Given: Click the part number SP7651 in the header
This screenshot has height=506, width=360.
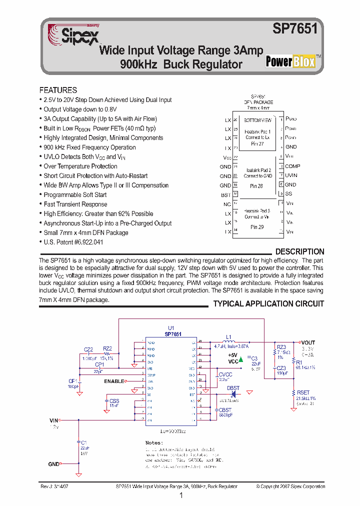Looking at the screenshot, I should tap(295, 29).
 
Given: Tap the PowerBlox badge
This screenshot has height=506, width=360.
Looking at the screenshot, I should tap(290, 61).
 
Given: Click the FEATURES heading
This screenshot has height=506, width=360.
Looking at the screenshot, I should tap(58, 90).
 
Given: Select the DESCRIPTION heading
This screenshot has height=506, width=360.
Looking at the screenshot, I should tap(299, 251).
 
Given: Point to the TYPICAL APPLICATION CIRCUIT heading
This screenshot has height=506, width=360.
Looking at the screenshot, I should tap(268, 303).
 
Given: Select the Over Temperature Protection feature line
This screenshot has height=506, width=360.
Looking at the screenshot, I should tap(80, 166).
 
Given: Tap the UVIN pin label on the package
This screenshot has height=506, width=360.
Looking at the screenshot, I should tap(291, 175).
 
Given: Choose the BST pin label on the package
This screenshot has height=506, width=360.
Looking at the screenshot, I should tap(226, 195).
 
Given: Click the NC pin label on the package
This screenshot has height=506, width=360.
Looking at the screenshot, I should tap(227, 204).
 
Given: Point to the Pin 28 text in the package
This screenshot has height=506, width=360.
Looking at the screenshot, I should tap(257, 185).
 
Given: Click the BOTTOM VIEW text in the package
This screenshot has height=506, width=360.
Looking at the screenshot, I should tap(257, 120).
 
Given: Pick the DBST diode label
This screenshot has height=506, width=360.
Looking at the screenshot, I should tap(233, 388).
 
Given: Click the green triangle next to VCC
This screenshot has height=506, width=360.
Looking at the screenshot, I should tap(241, 358).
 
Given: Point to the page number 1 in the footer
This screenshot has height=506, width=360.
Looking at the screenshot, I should tap(180, 496).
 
